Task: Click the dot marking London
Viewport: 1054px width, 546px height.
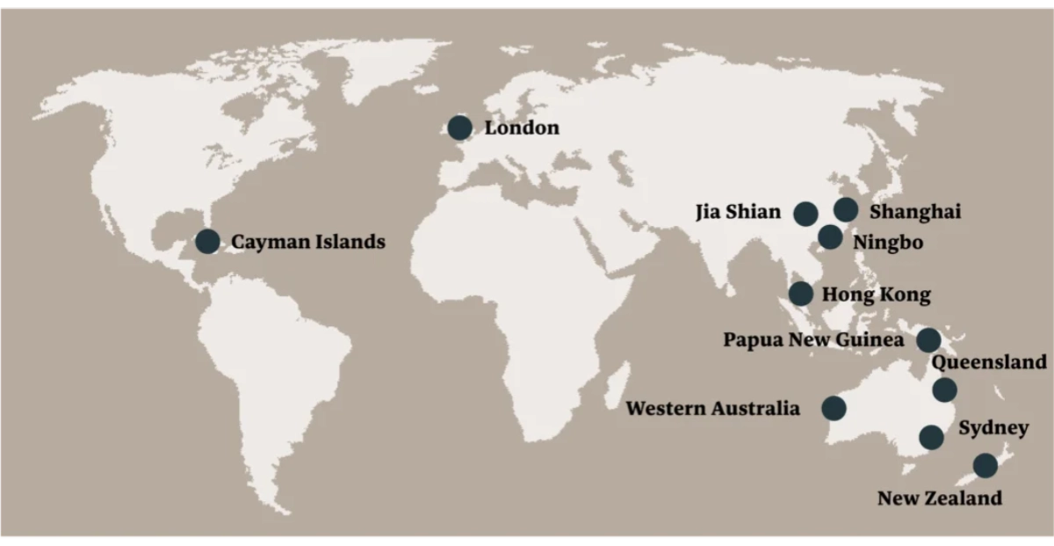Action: click(458, 128)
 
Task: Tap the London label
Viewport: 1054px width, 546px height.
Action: click(522, 128)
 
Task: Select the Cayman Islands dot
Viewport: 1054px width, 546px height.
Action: click(208, 241)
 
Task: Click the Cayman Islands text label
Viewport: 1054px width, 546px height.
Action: click(308, 242)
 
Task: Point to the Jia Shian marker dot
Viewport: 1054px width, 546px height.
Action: click(805, 213)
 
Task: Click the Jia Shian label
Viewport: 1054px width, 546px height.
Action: click(738, 212)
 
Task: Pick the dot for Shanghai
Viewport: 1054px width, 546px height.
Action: click(846, 209)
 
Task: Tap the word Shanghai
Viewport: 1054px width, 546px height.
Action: click(915, 212)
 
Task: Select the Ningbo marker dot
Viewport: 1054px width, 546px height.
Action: click(830, 237)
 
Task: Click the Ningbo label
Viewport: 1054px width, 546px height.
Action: click(888, 242)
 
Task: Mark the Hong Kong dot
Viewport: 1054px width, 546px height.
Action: click(801, 294)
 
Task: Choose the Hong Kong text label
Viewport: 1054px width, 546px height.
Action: click(876, 295)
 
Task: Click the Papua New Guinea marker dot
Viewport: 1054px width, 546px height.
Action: click(928, 339)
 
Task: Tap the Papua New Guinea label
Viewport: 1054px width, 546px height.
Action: click(813, 340)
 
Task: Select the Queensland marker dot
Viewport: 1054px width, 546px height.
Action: click(945, 389)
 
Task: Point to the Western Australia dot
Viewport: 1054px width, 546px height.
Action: click(834, 408)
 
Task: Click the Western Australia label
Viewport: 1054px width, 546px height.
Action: click(713, 409)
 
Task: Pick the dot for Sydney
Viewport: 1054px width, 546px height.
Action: click(931, 437)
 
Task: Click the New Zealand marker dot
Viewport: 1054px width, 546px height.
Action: click(985, 465)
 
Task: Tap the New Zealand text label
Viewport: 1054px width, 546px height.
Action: click(939, 499)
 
